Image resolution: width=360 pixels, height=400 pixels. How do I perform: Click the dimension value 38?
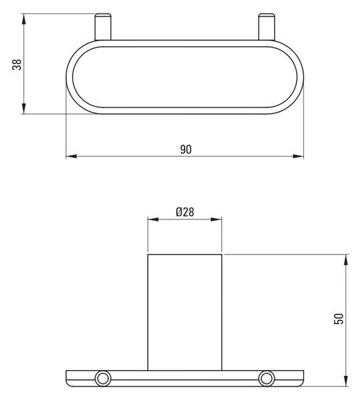pyautogui.click(x=17, y=64)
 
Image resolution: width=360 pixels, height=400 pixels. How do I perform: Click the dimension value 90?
pyautogui.click(x=186, y=149)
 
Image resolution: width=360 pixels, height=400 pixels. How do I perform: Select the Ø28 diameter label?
pyautogui.click(x=185, y=212)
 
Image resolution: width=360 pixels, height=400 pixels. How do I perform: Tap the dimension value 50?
pyautogui.click(x=339, y=319)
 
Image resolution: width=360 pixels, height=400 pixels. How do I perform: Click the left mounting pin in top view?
pyautogui.click(x=103, y=27)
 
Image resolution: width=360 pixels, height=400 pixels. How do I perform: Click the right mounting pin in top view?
pyautogui.click(x=267, y=27)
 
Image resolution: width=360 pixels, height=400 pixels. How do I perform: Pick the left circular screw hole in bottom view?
pyautogui.click(x=103, y=378)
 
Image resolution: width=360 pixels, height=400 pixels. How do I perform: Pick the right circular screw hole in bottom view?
pyautogui.click(x=267, y=378)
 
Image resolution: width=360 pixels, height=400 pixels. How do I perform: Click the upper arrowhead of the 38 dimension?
pyautogui.click(x=23, y=19)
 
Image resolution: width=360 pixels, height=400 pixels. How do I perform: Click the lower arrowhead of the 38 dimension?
pyautogui.click(x=23, y=109)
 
